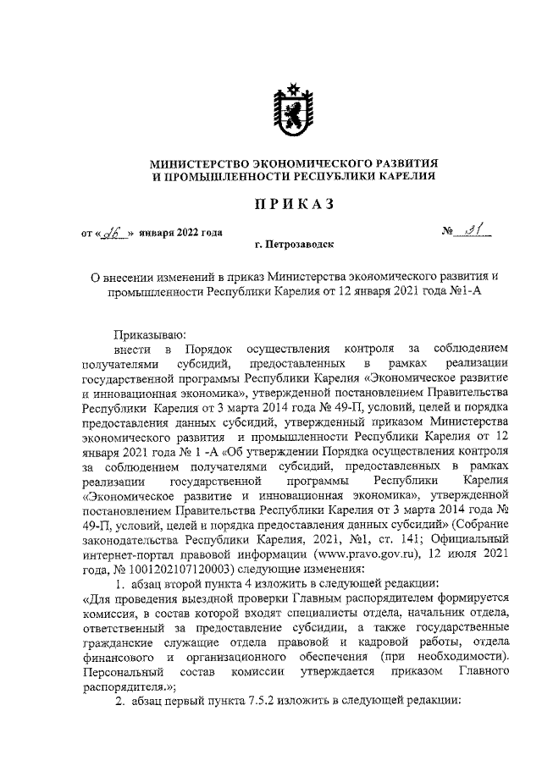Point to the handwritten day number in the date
coord(113,234)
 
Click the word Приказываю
coord(144,334)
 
